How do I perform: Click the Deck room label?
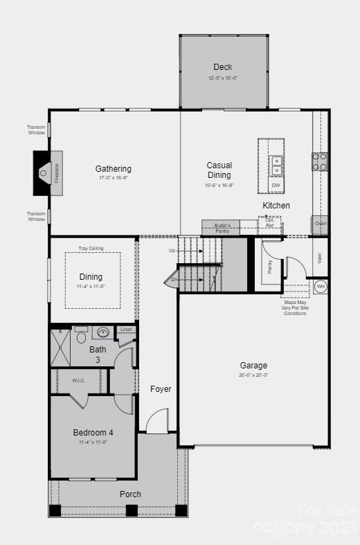tap(223, 67)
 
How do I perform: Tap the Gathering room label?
tap(113, 169)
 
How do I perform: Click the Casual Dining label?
tap(219, 170)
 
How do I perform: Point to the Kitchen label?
tap(276, 206)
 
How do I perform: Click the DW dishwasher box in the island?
tap(276, 186)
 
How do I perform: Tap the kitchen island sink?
tap(276, 166)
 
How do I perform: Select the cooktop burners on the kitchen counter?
tap(319, 161)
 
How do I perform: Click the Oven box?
tap(320, 224)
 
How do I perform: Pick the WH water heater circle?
tap(320, 286)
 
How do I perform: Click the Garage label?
tap(253, 366)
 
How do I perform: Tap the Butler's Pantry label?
tap(222, 228)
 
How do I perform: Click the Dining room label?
tap(91, 277)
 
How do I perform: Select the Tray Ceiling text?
tap(91, 248)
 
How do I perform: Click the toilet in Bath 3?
tap(81, 336)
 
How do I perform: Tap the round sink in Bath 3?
tap(104, 333)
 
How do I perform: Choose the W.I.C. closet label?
tap(78, 380)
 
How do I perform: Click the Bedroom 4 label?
tap(93, 433)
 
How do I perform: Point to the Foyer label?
tap(161, 389)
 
